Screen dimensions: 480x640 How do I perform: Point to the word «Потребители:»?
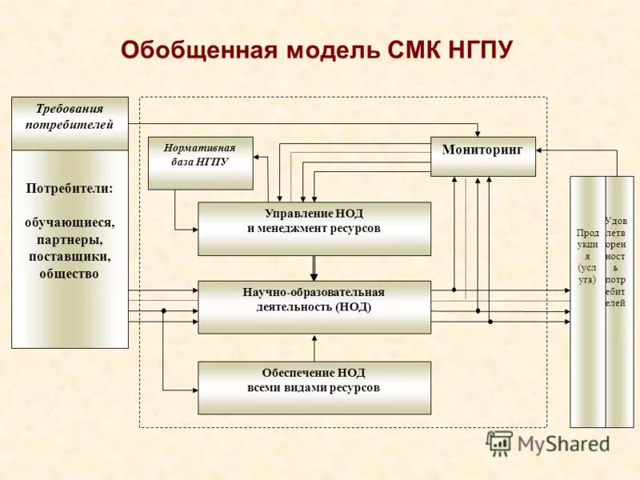coord(70,189)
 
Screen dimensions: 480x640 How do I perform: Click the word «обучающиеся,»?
coord(70,222)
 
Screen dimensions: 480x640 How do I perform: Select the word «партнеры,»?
coord(70,239)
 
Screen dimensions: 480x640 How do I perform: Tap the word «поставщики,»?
coord(70,257)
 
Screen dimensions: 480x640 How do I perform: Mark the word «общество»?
coord(70,274)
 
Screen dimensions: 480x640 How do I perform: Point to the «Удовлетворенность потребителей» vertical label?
coord(617,261)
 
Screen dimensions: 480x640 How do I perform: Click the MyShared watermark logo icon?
coord(499,442)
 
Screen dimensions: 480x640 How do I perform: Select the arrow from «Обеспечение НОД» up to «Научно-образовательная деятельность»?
coord(314,348)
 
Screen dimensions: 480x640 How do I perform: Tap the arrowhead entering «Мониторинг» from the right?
coord(541,150)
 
